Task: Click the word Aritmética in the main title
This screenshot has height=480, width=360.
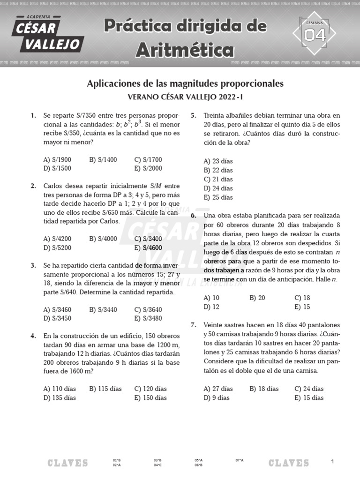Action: pos(185,49)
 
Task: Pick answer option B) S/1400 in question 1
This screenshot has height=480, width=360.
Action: pos(103,160)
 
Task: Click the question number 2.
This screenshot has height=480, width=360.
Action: pos(33,186)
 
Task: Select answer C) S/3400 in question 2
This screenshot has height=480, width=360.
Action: pos(148,239)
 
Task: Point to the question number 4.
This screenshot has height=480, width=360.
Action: pos(33,336)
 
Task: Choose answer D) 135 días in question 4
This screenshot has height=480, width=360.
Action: pos(60,398)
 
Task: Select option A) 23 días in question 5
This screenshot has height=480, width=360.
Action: pos(218,161)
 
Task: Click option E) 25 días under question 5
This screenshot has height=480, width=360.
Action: pos(218,197)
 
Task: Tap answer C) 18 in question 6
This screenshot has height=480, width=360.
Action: pos(302,298)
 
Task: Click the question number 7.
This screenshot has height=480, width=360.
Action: pos(194,325)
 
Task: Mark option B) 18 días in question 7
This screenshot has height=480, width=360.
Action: pos(264,389)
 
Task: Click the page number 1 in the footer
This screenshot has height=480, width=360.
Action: pos(332,462)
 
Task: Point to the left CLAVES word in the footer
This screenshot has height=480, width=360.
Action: pos(67,463)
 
